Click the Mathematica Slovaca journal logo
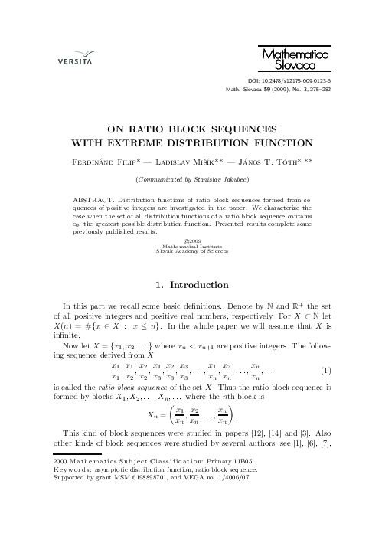click(305, 60)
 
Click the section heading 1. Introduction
click(191, 285)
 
